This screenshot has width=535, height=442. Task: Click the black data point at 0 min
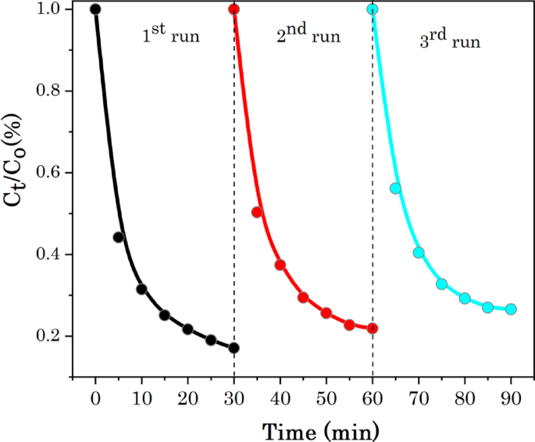pos(95,9)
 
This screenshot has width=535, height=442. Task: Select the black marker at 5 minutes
pos(119,237)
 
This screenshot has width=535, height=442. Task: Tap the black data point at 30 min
pos(234,347)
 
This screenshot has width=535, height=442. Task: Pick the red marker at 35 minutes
pos(257,212)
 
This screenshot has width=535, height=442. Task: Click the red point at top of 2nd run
pos(234,9)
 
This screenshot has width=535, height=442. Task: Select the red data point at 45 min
pos(303,297)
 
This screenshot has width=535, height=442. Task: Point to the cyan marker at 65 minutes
pos(395,188)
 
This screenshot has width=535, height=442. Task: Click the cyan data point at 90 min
pos(511,309)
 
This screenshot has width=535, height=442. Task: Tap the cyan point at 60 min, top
pos(373,9)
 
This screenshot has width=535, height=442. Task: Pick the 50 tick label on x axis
pos(326,397)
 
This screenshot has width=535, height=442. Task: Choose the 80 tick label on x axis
pos(465,397)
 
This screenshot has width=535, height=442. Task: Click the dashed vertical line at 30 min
pos(234,196)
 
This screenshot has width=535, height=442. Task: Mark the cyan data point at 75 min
pos(441,284)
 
